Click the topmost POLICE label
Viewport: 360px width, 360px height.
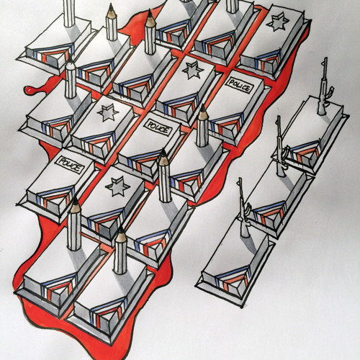(x=239, y=86)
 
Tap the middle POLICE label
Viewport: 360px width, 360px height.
(x=158, y=127)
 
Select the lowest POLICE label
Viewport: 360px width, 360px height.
(x=69, y=165)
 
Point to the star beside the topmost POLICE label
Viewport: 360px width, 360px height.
(x=193, y=70)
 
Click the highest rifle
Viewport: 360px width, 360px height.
(x=324, y=86)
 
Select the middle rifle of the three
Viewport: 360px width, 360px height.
(x=281, y=147)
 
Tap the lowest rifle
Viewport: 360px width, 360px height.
(x=244, y=208)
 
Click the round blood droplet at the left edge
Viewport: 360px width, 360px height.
(x=29, y=90)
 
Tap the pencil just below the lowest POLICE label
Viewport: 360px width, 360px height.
(x=74, y=224)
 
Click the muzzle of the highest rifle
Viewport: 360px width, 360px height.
(x=325, y=58)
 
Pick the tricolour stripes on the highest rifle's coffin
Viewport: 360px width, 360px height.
(x=305, y=153)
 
